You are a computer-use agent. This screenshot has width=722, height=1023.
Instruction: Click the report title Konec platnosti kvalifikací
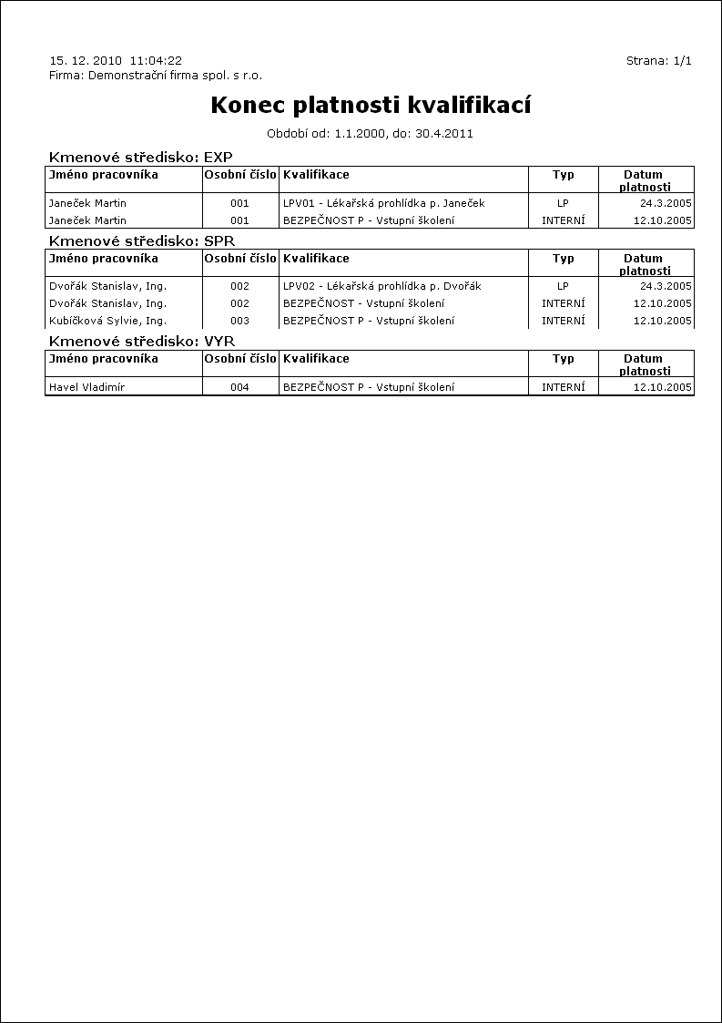tap(371, 106)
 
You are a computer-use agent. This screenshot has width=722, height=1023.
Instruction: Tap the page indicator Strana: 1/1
tap(659, 61)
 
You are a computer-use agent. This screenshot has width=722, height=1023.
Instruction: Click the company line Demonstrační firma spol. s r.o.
tap(156, 76)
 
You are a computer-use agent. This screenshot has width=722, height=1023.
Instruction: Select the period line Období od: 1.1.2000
tap(370, 134)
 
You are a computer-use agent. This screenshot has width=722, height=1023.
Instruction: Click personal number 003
tap(239, 321)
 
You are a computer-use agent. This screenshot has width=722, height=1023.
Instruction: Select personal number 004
tap(239, 387)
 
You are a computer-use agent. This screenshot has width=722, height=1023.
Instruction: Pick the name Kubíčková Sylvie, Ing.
tap(107, 321)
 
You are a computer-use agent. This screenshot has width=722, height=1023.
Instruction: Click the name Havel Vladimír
tap(86, 387)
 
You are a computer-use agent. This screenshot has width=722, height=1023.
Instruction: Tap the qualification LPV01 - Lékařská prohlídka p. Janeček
tap(384, 203)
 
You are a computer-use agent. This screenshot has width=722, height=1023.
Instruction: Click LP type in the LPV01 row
tap(563, 203)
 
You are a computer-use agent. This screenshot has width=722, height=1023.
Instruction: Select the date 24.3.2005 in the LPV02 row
tap(666, 286)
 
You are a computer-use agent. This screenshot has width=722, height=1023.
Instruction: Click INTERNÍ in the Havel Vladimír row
tap(563, 387)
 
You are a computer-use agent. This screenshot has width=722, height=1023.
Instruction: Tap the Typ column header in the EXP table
tap(563, 175)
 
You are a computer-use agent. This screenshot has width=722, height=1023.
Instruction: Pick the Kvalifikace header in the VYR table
tap(316, 359)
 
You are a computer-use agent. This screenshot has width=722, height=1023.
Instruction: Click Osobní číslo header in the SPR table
tap(240, 259)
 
